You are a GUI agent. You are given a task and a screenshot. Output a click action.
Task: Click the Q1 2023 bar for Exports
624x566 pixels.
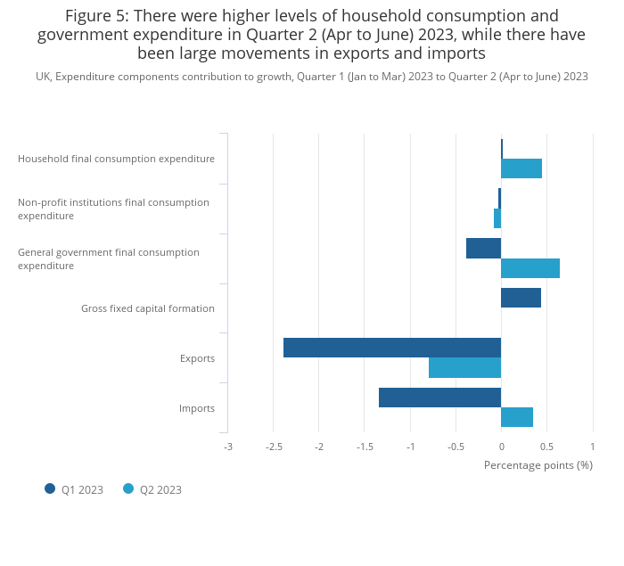(392, 348)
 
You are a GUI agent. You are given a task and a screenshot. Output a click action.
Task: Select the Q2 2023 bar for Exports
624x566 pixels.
(464, 367)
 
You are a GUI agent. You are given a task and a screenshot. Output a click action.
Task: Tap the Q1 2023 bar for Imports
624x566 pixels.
(439, 398)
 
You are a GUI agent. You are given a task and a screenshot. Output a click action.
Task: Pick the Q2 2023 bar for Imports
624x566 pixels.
(517, 417)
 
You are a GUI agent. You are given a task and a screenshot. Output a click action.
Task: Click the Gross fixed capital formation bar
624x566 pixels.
(521, 298)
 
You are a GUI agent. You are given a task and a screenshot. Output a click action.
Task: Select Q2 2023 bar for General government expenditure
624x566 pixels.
(530, 268)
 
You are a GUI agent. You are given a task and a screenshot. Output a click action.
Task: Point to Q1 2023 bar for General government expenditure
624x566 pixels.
(483, 249)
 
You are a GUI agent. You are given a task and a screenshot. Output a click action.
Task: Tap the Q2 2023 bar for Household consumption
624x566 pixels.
(521, 168)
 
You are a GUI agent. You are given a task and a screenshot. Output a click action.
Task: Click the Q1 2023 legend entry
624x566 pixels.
(75, 489)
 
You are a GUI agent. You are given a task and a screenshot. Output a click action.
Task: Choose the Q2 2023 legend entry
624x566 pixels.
(152, 489)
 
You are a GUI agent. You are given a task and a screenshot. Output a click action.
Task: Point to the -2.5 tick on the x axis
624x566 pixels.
(273, 447)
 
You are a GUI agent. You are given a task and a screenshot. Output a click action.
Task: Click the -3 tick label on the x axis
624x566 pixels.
(227, 447)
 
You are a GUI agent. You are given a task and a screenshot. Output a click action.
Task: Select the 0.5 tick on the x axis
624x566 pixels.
(546, 447)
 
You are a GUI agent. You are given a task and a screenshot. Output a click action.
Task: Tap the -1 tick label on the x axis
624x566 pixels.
(410, 447)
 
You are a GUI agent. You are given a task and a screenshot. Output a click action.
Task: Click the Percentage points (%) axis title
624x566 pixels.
(538, 465)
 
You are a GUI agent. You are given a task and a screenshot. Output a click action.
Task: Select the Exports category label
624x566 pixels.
(197, 358)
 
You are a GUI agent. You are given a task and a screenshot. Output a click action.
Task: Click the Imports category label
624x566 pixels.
(197, 408)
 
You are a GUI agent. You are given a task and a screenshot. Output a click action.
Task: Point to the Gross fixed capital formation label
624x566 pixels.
(148, 308)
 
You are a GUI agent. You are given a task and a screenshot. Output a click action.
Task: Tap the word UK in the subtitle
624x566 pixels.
(43, 77)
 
